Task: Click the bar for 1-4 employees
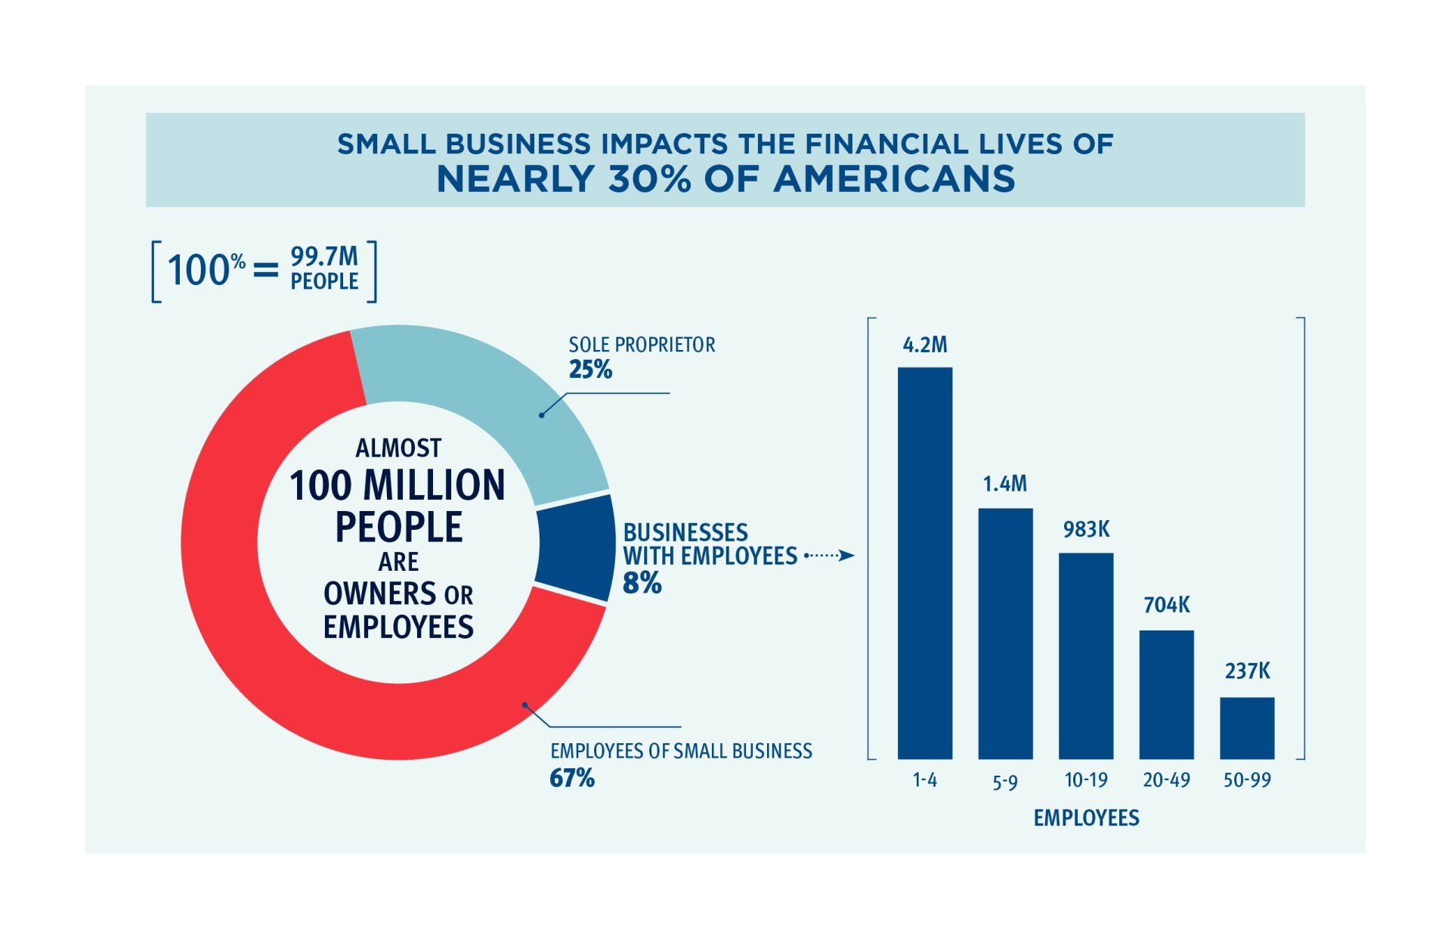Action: point(924,563)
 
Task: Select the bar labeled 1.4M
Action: point(1005,634)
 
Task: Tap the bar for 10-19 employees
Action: point(1085,655)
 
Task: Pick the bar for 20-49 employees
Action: point(1166,694)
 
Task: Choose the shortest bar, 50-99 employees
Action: point(1246,727)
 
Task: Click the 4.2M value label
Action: point(924,346)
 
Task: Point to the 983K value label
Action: point(1086,530)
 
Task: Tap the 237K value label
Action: point(1247,671)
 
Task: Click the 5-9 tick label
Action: point(1004,782)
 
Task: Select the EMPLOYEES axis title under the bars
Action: point(1086,818)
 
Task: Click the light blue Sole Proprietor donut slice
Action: point(484,401)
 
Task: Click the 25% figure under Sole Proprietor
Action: point(590,370)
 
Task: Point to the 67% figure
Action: point(572,778)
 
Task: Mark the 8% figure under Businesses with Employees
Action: point(642,583)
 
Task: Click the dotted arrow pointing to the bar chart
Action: point(829,556)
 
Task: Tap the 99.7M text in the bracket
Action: point(324,258)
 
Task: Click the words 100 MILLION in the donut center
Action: point(398,485)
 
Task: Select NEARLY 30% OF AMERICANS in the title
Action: point(725,179)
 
